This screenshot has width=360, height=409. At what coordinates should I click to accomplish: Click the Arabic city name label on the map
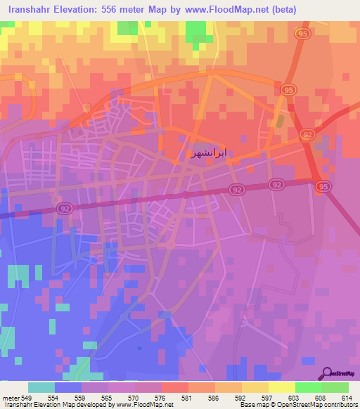click(x=210, y=152)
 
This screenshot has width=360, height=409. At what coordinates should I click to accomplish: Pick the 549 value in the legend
click(x=27, y=398)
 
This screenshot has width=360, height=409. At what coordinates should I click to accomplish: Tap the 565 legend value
click(x=108, y=398)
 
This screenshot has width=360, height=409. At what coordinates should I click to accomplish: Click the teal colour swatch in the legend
click(x=41, y=387)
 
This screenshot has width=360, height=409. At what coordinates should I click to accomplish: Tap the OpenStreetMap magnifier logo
click(x=326, y=373)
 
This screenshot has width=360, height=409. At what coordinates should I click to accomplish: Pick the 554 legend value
click(x=54, y=398)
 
